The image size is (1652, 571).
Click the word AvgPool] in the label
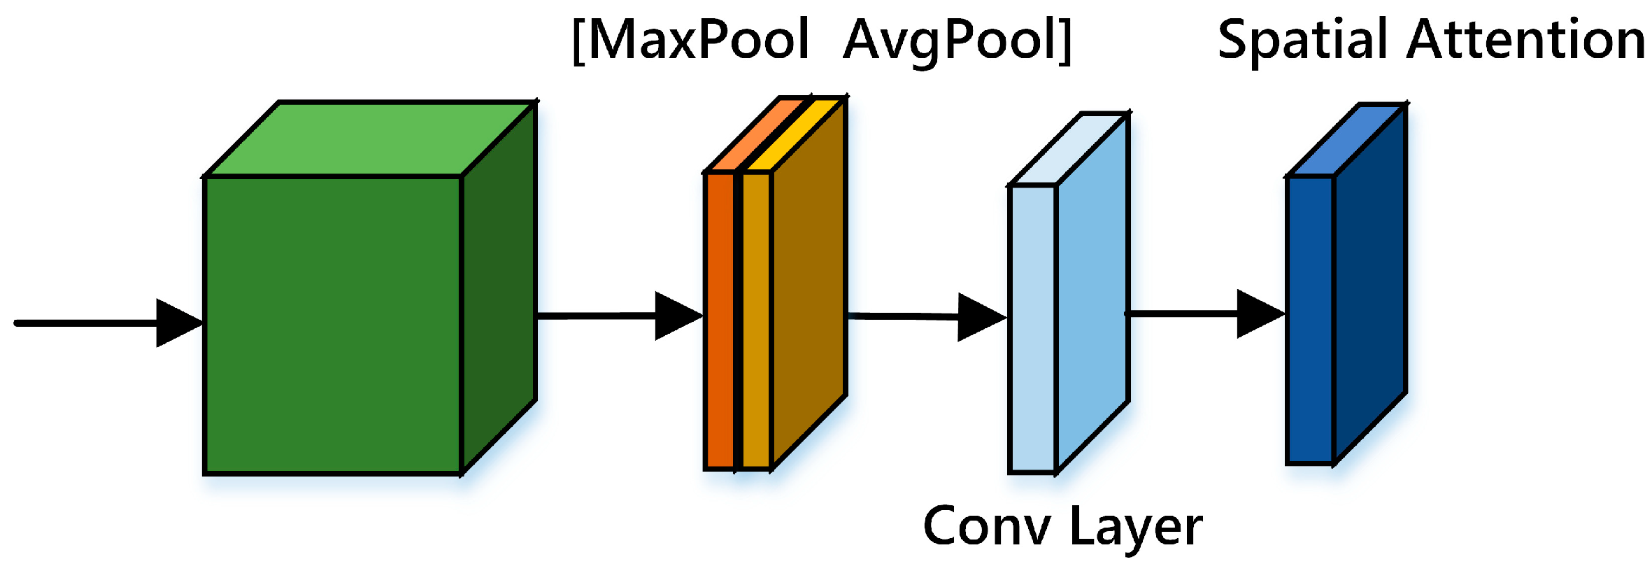click(957, 41)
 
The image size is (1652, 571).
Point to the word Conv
click(986, 526)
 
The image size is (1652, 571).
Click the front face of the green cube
click(333, 325)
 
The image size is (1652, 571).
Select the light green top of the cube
click(371, 139)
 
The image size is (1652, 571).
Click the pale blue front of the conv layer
click(1032, 329)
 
